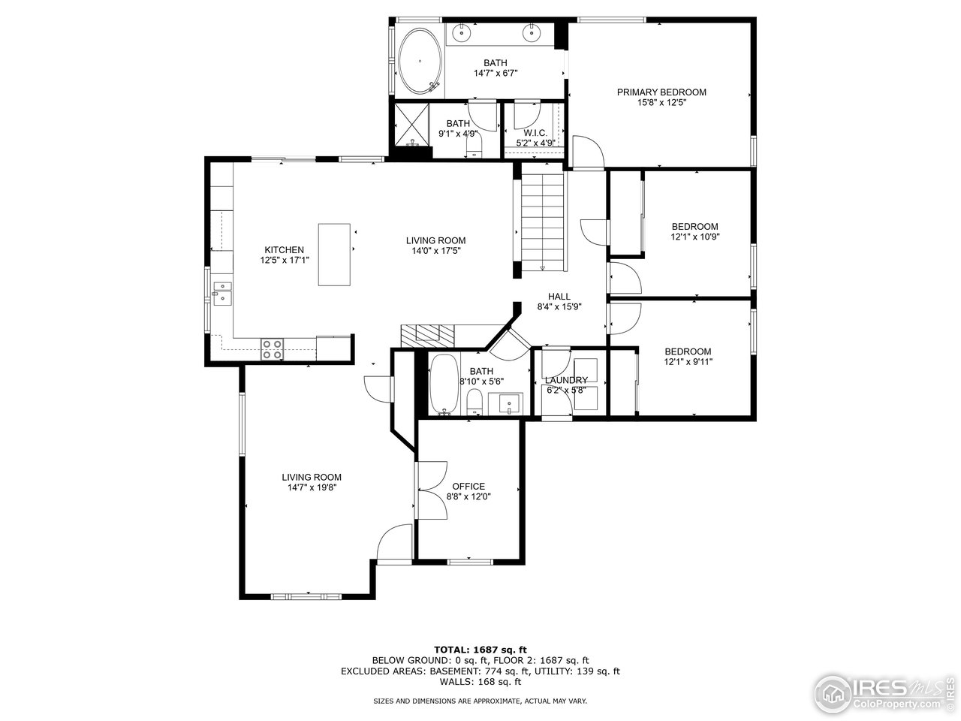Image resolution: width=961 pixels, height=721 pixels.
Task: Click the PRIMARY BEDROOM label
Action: coord(661,92)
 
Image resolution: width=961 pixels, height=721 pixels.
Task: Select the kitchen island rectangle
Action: coord(336,254)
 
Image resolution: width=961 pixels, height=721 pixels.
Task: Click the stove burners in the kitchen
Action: coord(272,348)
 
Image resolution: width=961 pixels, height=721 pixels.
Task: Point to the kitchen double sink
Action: coord(222,292)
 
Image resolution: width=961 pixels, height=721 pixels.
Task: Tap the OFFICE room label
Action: coord(469,486)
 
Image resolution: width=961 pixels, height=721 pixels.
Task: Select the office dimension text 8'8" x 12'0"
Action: coord(469,496)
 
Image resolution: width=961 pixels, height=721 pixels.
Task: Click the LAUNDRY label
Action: coord(565,380)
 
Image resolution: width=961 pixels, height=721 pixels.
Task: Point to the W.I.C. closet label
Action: coord(535,133)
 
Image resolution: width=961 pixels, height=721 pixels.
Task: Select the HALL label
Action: coord(559,297)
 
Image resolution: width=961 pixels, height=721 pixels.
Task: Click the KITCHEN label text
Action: coord(284,250)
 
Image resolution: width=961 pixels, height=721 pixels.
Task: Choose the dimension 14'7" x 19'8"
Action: coord(312,487)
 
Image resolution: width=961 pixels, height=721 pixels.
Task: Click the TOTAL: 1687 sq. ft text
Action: coord(480,649)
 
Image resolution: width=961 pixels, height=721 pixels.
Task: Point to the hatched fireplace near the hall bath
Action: coord(429,334)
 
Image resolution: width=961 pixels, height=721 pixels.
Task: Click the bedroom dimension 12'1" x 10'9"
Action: coord(694,237)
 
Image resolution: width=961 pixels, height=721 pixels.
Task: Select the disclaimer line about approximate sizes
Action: coord(480,701)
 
